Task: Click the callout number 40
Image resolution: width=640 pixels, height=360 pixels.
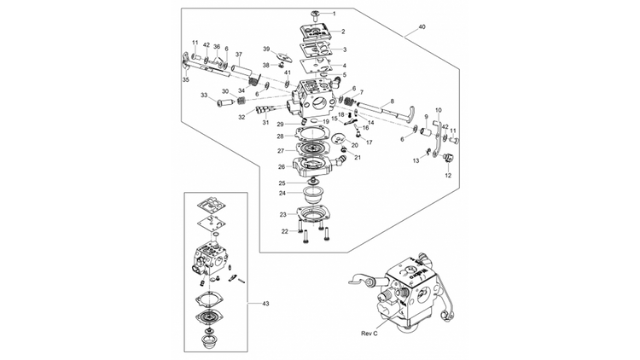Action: point(421,28)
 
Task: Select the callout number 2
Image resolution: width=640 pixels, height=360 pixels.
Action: point(343,32)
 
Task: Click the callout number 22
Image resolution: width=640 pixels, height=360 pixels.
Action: point(284,231)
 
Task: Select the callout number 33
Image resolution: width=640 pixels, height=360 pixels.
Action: point(204,96)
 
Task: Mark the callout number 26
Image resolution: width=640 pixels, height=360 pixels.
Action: point(280,166)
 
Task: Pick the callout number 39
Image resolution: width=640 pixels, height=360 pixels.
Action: point(266,49)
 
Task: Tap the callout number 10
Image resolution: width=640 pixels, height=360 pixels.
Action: point(439,110)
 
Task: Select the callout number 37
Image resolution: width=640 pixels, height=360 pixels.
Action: point(238,55)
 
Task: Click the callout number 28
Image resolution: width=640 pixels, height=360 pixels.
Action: point(280,136)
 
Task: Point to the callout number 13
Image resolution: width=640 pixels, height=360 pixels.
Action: point(416,160)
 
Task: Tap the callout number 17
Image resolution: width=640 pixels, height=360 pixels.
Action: point(369,142)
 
